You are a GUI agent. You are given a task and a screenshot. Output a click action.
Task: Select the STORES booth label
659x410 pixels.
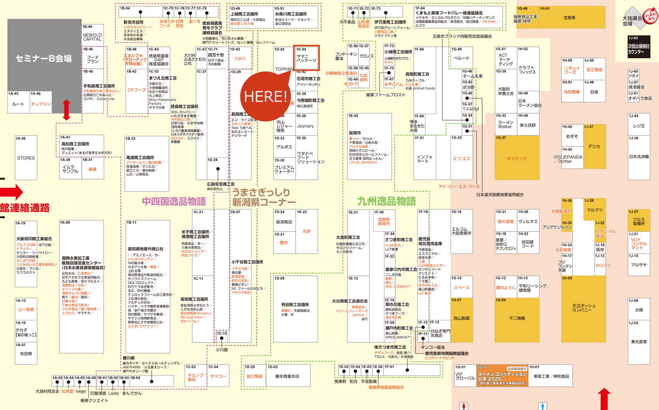coord(26,158)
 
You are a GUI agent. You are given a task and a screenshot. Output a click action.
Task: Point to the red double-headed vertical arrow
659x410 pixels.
coord(67,110)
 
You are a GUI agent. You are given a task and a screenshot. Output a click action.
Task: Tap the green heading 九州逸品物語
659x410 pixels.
coord(386,201)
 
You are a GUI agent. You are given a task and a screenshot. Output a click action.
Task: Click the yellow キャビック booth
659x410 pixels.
coord(516,158)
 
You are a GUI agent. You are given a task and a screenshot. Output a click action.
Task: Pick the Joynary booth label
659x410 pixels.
coord(305,126)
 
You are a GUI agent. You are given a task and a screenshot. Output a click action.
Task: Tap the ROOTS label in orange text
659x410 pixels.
coord(603,265)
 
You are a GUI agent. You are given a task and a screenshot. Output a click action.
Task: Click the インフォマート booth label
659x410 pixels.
coord(422,158)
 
